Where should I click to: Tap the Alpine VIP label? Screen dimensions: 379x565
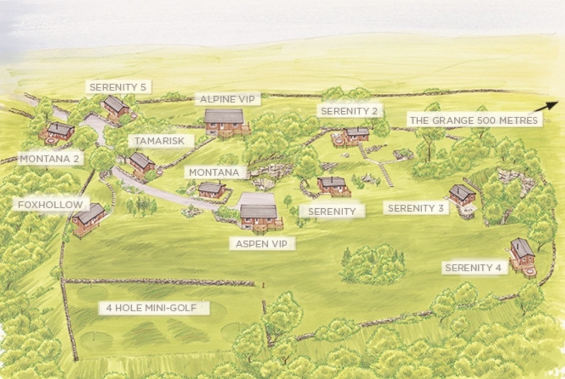pyautogui.click(x=230, y=99)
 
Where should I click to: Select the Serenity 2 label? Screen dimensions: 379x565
pyautogui.click(x=349, y=111)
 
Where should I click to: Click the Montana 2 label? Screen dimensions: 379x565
pyautogui.click(x=51, y=159)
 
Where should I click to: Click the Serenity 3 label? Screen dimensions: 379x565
pyautogui.click(x=415, y=208)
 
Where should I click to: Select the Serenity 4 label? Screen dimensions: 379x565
pyautogui.click(x=473, y=268)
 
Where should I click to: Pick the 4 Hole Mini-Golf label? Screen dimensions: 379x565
pyautogui.click(x=154, y=308)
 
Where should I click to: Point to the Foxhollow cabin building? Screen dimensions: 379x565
pyautogui.click(x=89, y=217)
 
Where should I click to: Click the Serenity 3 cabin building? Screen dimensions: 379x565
pyautogui.click(x=462, y=195)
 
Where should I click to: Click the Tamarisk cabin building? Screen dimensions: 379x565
pyautogui.click(x=142, y=163)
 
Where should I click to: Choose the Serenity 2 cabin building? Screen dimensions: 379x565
pyautogui.click(x=357, y=134)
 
